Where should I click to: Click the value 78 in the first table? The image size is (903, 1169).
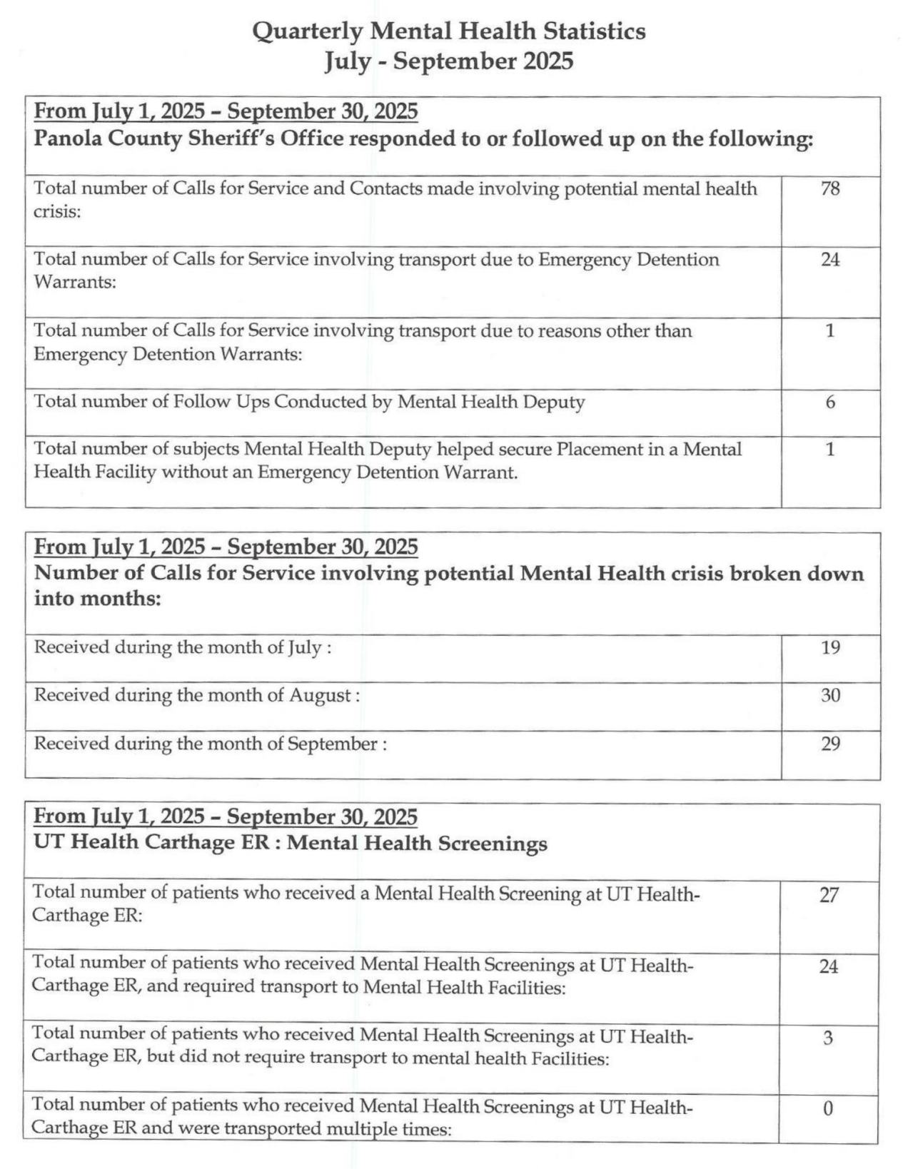tap(829, 189)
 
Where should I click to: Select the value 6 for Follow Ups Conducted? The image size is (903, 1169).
tap(830, 403)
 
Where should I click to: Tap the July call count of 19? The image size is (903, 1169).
tap(830, 648)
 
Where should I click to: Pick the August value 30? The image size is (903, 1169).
tap(830, 695)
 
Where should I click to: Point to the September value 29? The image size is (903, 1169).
tap(830, 744)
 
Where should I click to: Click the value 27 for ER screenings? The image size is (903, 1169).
tap(828, 895)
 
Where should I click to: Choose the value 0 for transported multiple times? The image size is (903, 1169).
tap(828, 1108)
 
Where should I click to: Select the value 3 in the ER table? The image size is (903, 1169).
tap(828, 1038)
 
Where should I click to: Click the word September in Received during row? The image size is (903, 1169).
tap(332, 744)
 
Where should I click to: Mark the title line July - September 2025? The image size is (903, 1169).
tap(449, 61)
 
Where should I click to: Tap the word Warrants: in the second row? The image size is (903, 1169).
tap(75, 283)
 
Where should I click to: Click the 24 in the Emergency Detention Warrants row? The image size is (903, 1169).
tap(829, 260)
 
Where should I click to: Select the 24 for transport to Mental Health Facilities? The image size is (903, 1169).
tap(828, 967)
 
